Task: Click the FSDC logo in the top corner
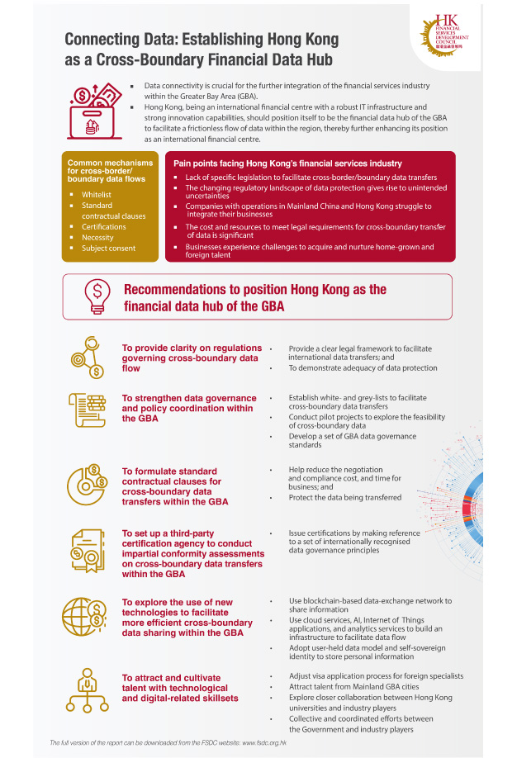tap(453, 36)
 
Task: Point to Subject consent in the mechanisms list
tap(108, 249)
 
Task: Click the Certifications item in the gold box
tap(103, 226)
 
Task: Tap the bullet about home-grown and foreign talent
tap(309, 251)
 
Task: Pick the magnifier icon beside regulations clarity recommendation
tap(87, 356)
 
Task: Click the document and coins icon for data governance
tap(86, 410)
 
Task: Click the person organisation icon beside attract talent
tap(85, 692)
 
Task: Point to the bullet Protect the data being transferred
tap(345, 497)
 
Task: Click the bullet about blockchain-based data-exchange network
tap(370, 606)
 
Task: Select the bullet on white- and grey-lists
tap(358, 402)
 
